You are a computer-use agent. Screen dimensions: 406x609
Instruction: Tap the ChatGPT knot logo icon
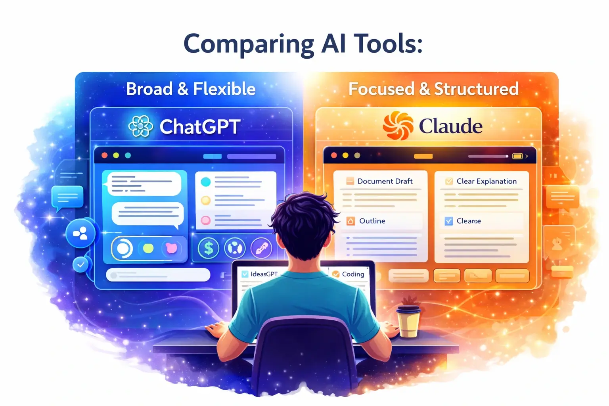(x=141, y=126)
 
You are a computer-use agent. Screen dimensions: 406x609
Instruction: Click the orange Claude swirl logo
(x=398, y=125)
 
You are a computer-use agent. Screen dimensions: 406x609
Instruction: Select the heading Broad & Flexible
(x=191, y=89)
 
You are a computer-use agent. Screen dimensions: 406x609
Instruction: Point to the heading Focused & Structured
(x=433, y=89)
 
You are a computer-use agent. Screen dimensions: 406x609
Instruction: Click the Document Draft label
(x=385, y=181)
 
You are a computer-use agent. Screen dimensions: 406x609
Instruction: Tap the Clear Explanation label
(x=486, y=181)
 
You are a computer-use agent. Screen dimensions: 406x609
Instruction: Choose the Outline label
(x=372, y=221)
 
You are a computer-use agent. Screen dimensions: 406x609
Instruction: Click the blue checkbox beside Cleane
(x=448, y=221)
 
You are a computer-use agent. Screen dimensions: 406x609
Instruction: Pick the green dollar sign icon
(x=208, y=249)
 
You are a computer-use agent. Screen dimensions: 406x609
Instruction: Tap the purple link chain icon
(x=261, y=249)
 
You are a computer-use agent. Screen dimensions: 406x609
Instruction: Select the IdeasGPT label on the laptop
(x=264, y=274)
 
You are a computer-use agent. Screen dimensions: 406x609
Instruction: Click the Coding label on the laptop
(x=352, y=274)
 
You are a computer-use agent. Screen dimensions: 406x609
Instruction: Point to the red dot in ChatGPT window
(x=105, y=155)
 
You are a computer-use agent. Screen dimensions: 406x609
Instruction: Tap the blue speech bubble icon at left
(x=67, y=197)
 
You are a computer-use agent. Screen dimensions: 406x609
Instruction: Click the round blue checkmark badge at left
(x=81, y=264)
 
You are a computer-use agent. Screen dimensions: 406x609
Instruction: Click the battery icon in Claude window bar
(x=517, y=156)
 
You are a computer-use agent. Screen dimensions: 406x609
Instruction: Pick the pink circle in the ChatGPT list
(x=205, y=220)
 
